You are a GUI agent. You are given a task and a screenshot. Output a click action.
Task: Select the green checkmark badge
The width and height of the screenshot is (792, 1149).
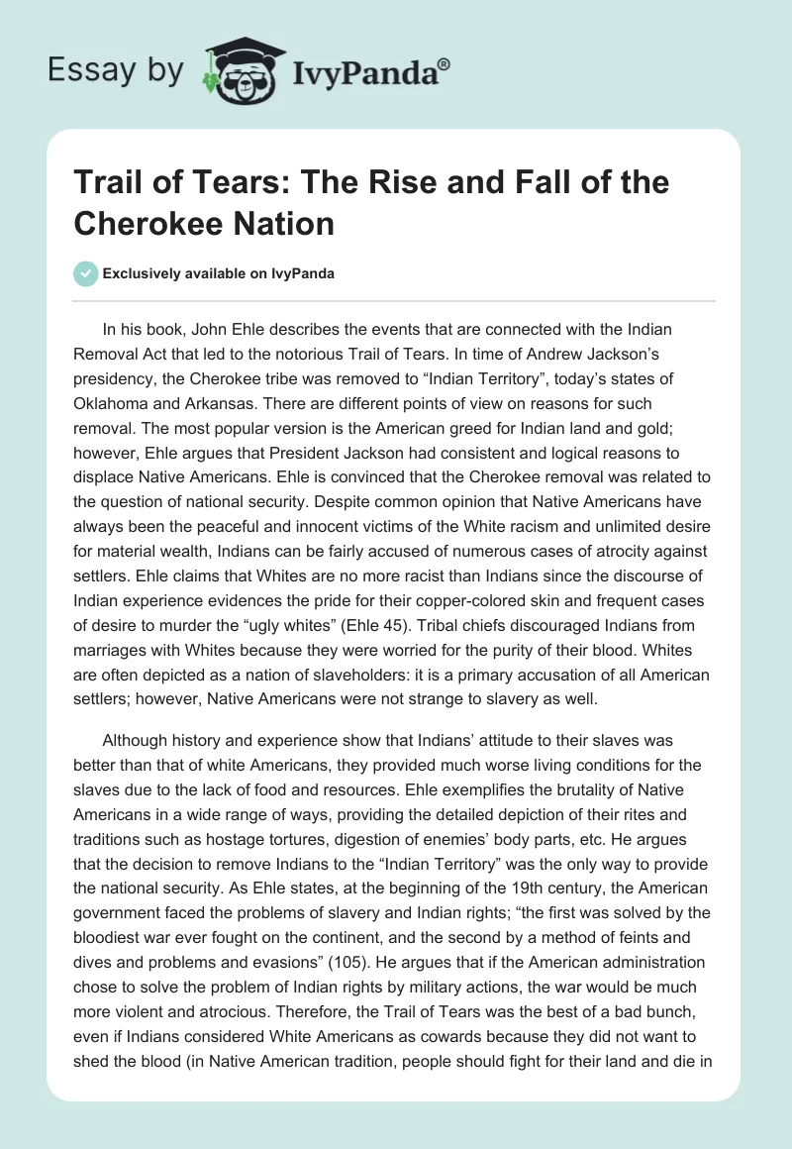(x=86, y=273)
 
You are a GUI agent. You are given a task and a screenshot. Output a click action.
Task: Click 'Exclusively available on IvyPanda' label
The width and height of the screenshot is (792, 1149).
(x=220, y=273)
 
